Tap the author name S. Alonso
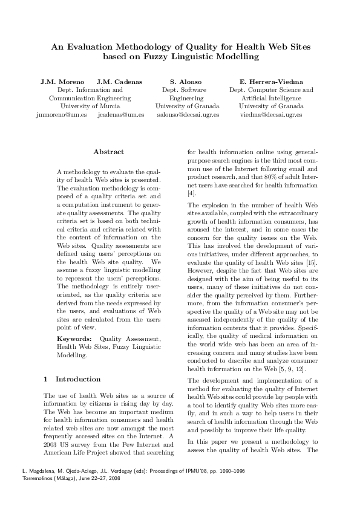pos(186,81)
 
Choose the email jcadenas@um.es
pos(120,114)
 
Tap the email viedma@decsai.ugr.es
pos(271,114)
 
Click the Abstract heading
pos(109,152)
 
